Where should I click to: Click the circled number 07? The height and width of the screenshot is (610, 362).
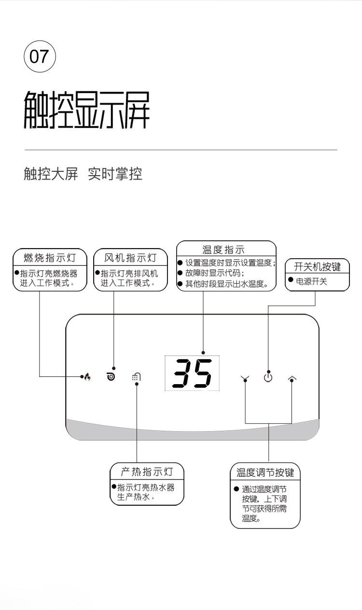(40, 56)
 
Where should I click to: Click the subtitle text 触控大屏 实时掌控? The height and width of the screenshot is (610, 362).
(83, 174)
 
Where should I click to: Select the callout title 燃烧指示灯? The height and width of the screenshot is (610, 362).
(50, 257)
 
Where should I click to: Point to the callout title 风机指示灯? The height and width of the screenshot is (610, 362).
(130, 257)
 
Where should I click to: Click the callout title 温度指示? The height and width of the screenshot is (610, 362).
(223, 250)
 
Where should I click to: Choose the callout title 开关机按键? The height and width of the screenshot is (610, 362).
(317, 266)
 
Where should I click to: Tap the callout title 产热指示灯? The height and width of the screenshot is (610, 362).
(147, 471)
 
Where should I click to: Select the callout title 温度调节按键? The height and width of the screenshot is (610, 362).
(265, 473)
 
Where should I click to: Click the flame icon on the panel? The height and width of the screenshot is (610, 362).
(87, 376)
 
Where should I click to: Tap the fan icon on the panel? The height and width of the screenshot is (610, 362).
(111, 376)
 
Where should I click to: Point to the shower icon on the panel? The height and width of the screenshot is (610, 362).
(136, 376)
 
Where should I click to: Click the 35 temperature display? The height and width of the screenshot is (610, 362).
(192, 373)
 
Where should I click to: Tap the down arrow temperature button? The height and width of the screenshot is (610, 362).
(245, 378)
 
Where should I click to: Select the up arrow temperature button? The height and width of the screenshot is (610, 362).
(292, 378)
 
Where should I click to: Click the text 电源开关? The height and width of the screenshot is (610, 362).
(311, 281)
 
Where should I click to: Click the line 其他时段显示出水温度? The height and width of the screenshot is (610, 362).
(227, 284)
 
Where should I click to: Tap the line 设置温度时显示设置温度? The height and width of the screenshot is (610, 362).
(230, 263)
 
